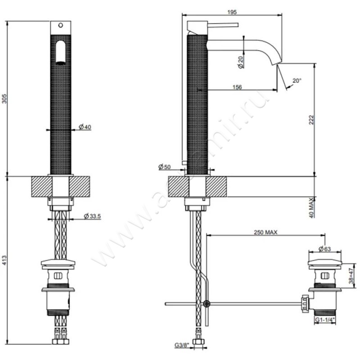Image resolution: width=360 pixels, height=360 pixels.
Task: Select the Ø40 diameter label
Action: [x=85, y=127]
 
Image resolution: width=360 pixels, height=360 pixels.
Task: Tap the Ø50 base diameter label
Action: [x=165, y=167]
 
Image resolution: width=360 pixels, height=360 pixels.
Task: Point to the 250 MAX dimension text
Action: [x=265, y=232]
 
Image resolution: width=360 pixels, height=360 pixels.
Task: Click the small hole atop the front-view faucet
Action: [x=61, y=26]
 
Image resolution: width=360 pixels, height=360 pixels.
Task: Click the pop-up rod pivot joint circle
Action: [x=206, y=304]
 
